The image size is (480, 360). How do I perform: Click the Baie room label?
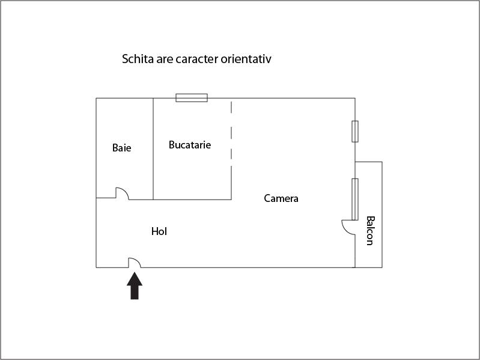[x=121, y=148]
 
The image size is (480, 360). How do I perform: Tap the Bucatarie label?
[x=190, y=145]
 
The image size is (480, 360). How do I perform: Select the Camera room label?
[x=281, y=198]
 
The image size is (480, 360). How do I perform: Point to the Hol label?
[x=159, y=231]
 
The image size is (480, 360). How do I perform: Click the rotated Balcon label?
[x=370, y=231]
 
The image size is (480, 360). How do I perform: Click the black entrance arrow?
[x=135, y=285]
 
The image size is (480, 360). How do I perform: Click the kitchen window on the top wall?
[x=192, y=97]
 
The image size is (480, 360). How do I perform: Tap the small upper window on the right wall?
[x=355, y=132]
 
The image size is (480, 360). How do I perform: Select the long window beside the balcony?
[x=355, y=200]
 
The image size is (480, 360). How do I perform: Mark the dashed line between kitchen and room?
[x=231, y=134]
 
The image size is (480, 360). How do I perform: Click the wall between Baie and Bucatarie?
[x=153, y=149]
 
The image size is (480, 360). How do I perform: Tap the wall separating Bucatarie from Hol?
[x=192, y=200]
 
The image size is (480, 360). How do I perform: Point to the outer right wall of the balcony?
[x=382, y=215]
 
